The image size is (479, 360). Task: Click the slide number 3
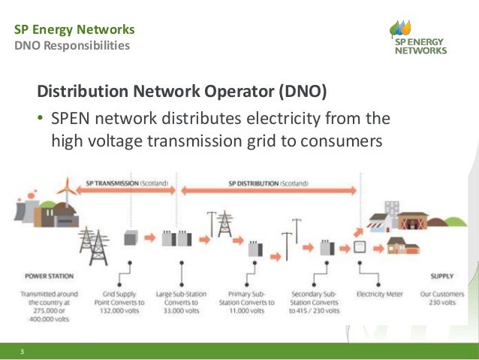tap(23, 351)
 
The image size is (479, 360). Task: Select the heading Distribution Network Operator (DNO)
tap(182, 92)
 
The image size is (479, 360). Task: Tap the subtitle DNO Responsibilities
tap(72, 47)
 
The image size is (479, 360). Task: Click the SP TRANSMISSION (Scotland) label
tap(127, 183)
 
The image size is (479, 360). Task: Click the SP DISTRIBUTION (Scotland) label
tap(269, 183)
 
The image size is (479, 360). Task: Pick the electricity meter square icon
tap(360, 247)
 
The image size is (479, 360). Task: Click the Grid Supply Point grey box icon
tap(131, 238)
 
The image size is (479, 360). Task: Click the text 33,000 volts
tap(182, 308)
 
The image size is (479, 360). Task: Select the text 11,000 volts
tap(250, 308)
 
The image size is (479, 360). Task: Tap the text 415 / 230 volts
tap(316, 308)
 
